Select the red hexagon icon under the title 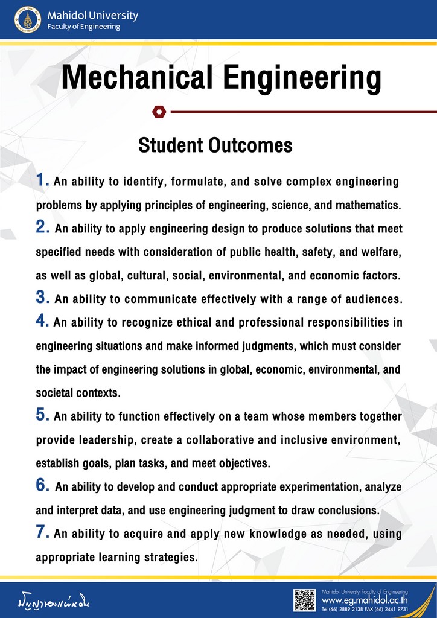pos(158,112)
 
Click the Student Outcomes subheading pos(215,145)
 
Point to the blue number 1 pos(42,180)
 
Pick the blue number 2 pos(42,228)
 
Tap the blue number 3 pos(42,298)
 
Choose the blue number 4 pos(42,321)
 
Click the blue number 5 pos(42,415)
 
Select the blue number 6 pos(42,486)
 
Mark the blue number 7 pos(42,533)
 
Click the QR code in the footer pos(305,600)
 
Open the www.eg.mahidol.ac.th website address pos(365,600)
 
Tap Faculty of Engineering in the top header pos(83,27)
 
